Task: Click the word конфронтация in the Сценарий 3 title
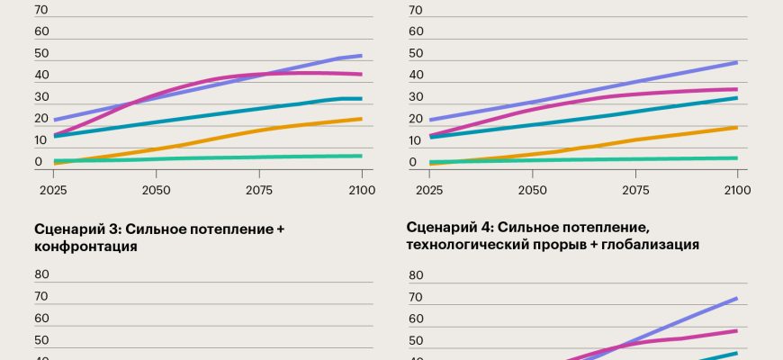coord(85,246)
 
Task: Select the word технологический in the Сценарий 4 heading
coord(460,244)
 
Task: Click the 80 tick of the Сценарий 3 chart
coord(40,275)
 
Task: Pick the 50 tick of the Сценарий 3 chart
coord(40,340)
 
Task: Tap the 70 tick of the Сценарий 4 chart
coord(415,297)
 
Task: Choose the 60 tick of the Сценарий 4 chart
coord(415,319)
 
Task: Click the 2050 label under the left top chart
coord(157,190)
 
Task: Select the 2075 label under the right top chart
coord(635,190)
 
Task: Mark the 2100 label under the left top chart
coord(361,190)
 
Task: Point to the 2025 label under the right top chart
coord(429,190)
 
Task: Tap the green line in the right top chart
coord(585,159)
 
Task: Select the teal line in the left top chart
coord(225,112)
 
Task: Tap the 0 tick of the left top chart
coord(38,163)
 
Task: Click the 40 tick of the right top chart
coord(415,75)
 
